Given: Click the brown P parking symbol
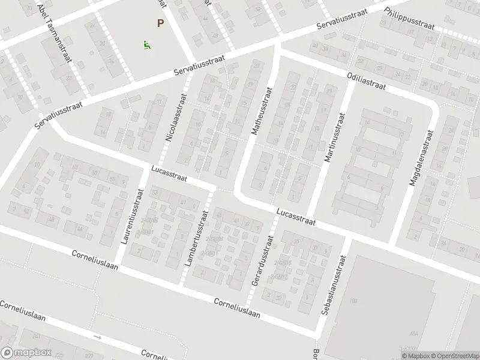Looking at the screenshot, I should [160, 24].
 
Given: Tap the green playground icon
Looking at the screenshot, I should [146, 44].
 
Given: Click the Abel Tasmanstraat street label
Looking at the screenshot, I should [55, 29].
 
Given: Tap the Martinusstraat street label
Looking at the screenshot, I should [335, 138].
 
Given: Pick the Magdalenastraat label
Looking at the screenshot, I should [421, 158].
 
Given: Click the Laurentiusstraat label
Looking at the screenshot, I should [132, 217].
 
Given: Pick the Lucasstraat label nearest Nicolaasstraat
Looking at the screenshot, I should [170, 175].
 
